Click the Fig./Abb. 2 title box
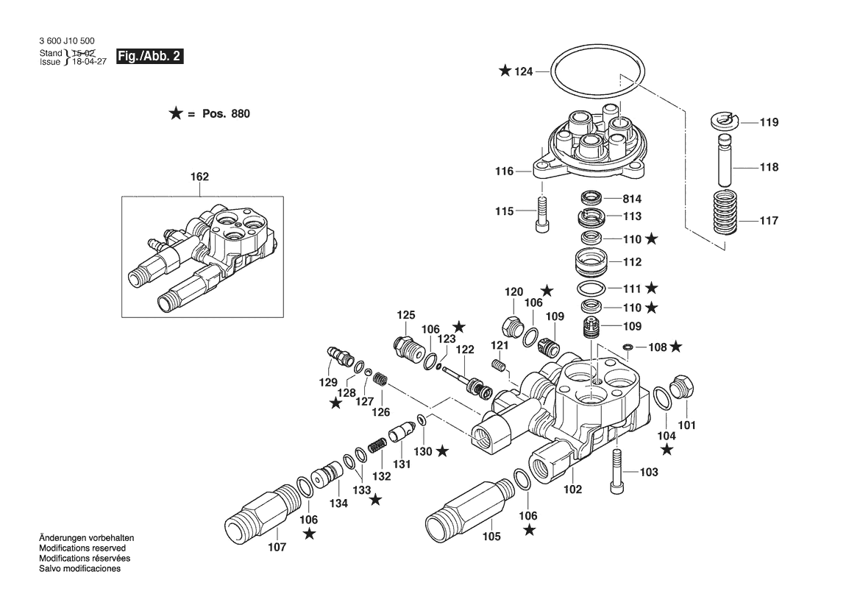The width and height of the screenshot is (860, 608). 151,57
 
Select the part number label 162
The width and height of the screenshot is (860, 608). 200,177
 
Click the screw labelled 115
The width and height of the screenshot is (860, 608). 542,213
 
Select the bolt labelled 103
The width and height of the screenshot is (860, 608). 616,472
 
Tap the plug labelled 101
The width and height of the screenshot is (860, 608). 684,389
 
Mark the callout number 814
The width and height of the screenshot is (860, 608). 633,199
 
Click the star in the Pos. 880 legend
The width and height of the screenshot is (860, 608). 176,113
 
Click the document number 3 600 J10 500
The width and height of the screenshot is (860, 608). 67,42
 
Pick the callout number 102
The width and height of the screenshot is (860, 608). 573,488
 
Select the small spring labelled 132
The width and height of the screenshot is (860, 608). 377,446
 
